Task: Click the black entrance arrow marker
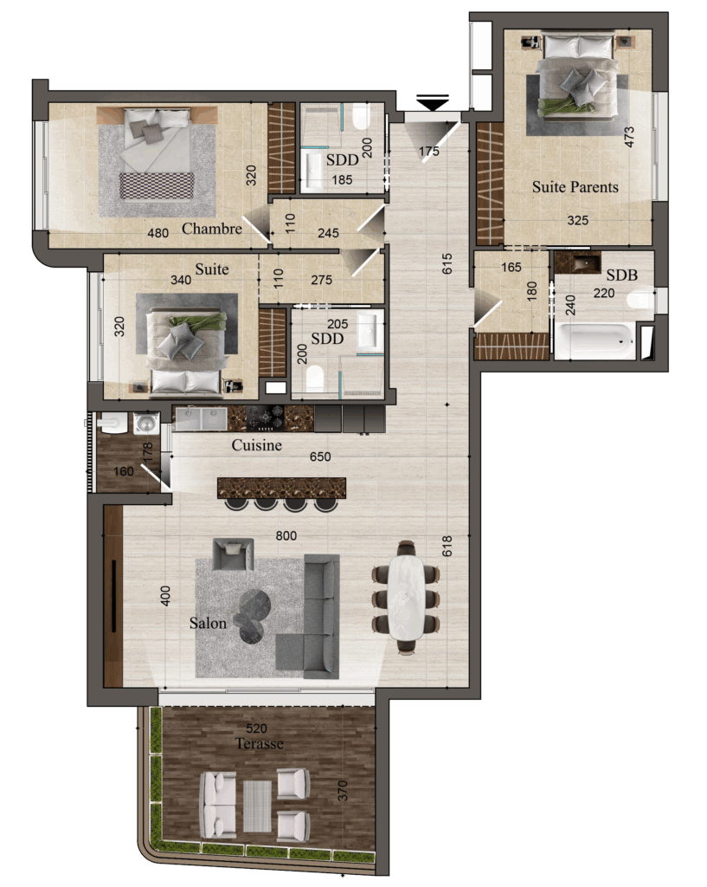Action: [433, 102]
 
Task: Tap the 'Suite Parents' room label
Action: [575, 187]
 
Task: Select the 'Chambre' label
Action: [212, 229]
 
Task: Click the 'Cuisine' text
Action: [256, 445]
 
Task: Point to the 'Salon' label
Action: [208, 623]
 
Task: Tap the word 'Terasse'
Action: [260, 743]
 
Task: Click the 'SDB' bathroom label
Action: [621, 275]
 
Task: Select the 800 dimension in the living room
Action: [286, 535]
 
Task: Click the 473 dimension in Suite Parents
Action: [630, 137]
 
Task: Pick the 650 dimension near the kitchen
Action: [320, 456]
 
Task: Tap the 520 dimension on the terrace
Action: [256, 728]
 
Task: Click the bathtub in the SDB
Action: [595, 341]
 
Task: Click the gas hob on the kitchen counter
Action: [266, 418]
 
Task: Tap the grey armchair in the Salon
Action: [233, 554]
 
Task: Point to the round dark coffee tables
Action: [253, 616]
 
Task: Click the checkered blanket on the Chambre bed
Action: [157, 186]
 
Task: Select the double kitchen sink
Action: [201, 419]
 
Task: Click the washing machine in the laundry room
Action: [146, 423]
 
